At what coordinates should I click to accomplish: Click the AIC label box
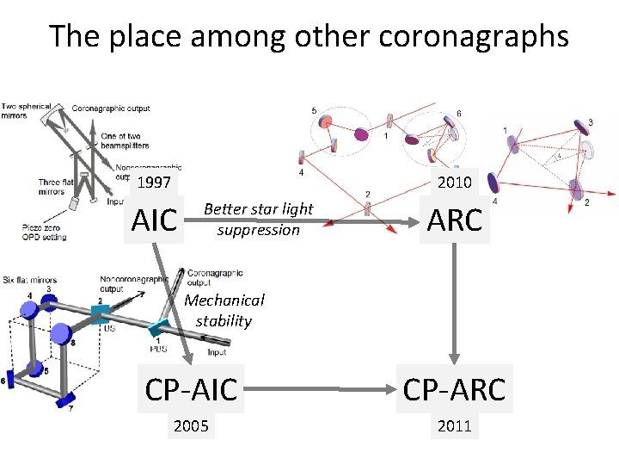coord(154,220)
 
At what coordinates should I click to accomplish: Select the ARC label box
coord(454,220)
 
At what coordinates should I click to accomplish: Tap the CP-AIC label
coord(191,390)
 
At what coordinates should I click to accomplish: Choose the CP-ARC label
coord(454,390)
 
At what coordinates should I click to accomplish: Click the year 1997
coord(154,183)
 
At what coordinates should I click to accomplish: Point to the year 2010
coord(454,182)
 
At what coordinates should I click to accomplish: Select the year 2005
coord(191,426)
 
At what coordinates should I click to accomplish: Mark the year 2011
coord(454,426)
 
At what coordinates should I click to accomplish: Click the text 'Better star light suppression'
coord(258,220)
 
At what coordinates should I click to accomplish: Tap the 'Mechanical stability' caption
coord(224,311)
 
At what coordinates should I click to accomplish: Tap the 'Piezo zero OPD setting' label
coord(43,230)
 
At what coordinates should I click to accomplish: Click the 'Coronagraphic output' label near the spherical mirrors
coord(111,108)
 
